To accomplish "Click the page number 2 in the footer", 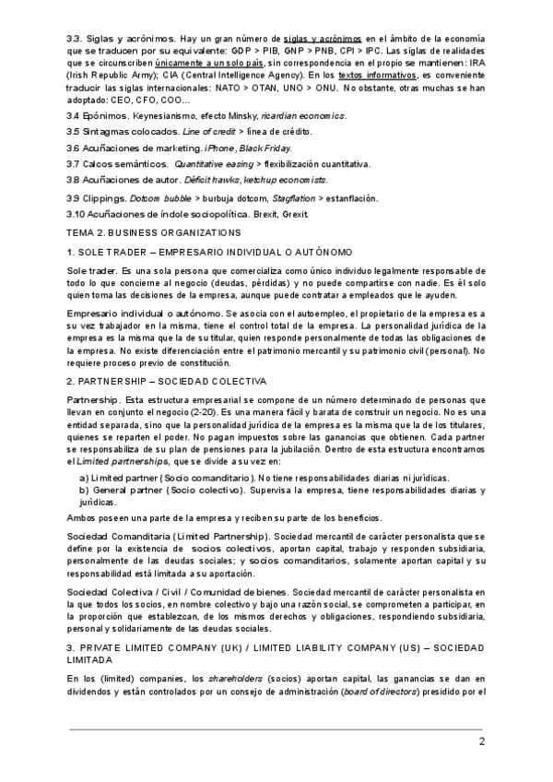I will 481,742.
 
